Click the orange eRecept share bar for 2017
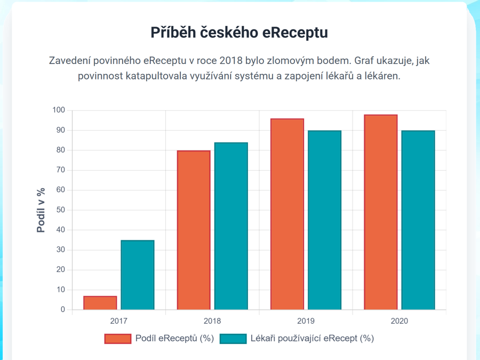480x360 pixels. tap(100, 303)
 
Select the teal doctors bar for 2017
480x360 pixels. tap(138, 275)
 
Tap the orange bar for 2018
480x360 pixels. tap(194, 230)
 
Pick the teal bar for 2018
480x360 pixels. tap(231, 226)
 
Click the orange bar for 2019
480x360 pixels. tap(287, 214)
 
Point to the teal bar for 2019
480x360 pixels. tap(324, 220)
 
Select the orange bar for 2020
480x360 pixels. tap(381, 212)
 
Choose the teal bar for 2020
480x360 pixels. tap(418, 220)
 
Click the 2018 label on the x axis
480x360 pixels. tap(212, 321)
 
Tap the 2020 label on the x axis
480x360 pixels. tap(399, 321)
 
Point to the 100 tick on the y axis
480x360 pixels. tap(59, 110)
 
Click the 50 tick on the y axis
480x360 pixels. tap(60, 210)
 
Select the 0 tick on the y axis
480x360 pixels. tap(62, 310)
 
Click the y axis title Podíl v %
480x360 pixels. tap(41, 210)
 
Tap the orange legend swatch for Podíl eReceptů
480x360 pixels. tap(118, 339)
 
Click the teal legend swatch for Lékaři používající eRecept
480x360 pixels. tap(233, 339)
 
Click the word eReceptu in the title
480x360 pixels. tap(294, 33)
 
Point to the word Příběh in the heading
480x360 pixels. tap(173, 33)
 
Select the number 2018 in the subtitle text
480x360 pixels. tap(231, 60)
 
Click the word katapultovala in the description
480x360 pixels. tap(158, 76)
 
